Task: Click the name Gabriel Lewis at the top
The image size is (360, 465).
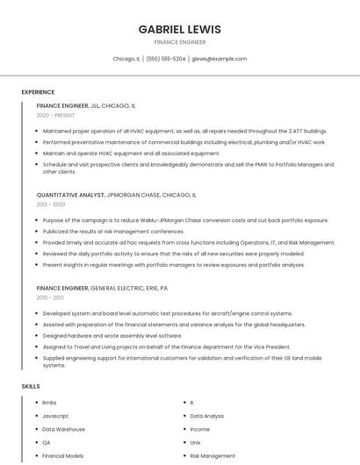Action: [179, 29]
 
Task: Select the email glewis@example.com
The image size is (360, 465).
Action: [219, 59]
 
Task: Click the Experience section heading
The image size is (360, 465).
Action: [38, 92]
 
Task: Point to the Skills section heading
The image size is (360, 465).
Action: [31, 386]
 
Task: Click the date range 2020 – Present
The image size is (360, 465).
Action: [55, 115]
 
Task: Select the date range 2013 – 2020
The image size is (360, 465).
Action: [51, 204]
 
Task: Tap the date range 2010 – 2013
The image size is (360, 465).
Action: [51, 297]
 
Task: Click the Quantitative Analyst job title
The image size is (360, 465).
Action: [70, 195]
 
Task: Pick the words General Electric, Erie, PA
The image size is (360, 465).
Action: [129, 288]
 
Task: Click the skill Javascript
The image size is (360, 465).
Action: [55, 416]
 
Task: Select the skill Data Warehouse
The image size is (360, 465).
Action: [64, 429]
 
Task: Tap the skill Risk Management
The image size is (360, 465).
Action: [212, 456]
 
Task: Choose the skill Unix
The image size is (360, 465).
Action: [196, 443]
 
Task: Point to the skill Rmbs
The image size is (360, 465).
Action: [49, 403]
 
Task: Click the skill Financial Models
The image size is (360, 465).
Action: [63, 456]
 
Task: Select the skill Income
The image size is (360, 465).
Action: [200, 429]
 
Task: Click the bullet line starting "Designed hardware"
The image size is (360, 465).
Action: [112, 335]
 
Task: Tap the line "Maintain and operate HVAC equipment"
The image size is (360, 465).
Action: [131, 153]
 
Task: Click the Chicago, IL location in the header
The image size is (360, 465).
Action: [126, 59]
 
